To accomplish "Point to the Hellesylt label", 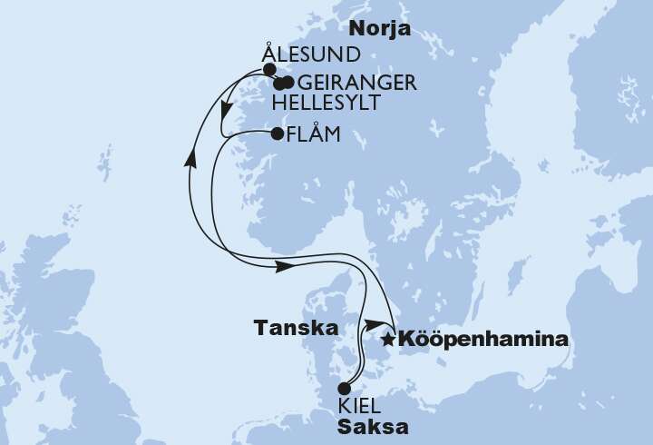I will click(326, 103).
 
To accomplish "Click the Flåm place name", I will click(312, 135).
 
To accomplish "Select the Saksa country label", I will click(372, 426).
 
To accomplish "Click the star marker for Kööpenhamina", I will click(388, 341).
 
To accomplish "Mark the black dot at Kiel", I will click(344, 389).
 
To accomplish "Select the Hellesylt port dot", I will click(279, 84).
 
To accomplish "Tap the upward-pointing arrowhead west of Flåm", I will click(191, 158).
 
